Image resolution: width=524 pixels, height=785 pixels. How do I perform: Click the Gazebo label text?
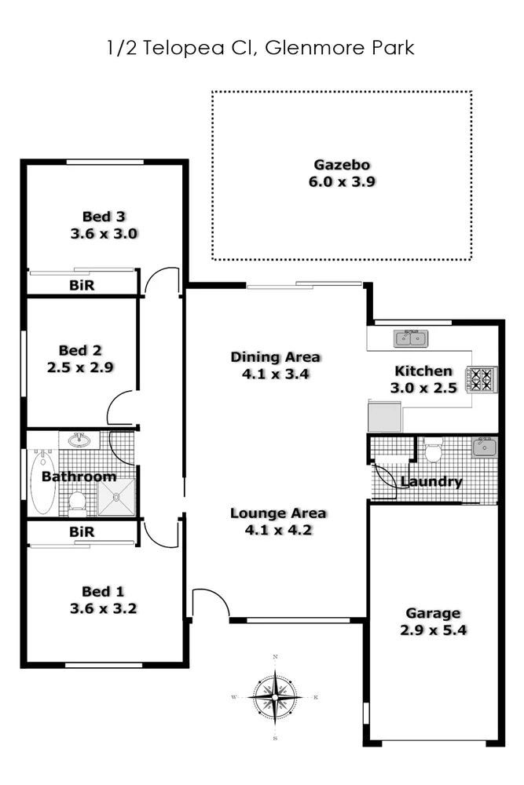point(342,165)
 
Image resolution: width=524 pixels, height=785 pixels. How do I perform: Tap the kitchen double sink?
point(410,339)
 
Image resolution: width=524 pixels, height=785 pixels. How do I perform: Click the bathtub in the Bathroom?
point(42,480)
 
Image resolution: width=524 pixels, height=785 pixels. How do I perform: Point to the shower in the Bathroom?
point(116,497)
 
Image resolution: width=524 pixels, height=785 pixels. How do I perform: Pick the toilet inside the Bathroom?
point(77,500)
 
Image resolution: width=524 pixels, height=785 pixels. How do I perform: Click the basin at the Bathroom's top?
point(79,440)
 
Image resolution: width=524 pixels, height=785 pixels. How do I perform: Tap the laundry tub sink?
point(483,448)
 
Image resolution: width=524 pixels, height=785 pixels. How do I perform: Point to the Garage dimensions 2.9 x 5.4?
point(434,630)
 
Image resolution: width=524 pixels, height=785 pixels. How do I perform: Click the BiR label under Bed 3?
point(82,286)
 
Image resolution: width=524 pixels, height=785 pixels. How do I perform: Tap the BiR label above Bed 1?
point(82,532)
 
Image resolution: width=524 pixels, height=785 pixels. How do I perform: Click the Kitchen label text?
point(423,371)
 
